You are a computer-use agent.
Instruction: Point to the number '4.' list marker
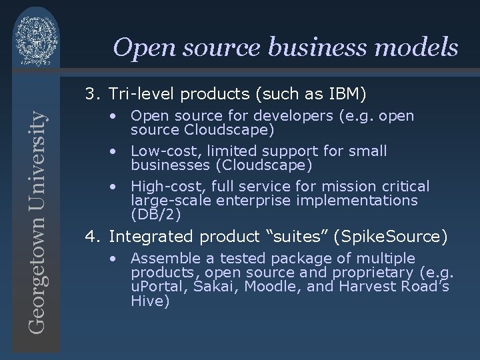pos(91,236)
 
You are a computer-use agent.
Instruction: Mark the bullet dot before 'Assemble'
pos(115,258)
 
